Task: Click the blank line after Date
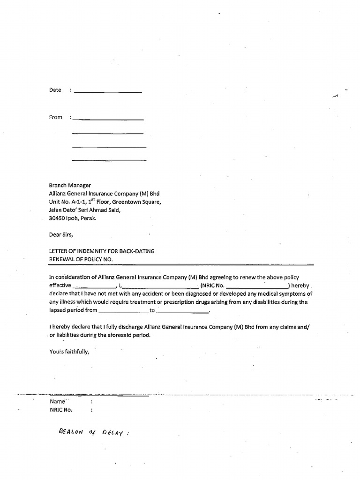tap(107, 91)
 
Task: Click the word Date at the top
tap(55, 90)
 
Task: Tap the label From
tap(55, 117)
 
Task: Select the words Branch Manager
tap(70, 186)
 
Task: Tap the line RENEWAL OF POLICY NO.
tap(81, 259)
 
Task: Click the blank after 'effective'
tap(94, 285)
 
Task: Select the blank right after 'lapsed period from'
tap(123, 310)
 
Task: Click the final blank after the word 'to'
tap(182, 310)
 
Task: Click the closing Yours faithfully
tap(69, 352)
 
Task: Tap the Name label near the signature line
tap(57, 402)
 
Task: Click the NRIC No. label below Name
tap(61, 410)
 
